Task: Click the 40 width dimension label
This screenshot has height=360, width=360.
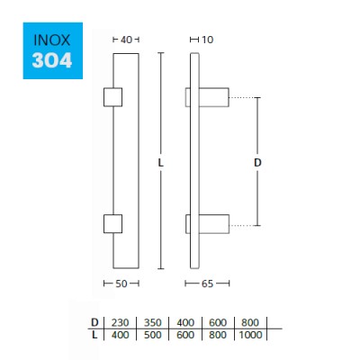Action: click(x=126, y=40)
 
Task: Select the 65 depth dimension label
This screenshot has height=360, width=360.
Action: click(x=207, y=283)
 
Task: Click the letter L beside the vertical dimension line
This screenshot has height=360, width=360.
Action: click(x=159, y=163)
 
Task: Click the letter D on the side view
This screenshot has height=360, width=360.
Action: click(x=256, y=163)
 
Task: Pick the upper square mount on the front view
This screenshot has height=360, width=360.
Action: click(x=113, y=96)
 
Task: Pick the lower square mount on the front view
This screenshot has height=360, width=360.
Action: click(x=113, y=222)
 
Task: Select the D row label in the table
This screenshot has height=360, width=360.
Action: click(x=94, y=322)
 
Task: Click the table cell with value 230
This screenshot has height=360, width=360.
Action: click(x=119, y=322)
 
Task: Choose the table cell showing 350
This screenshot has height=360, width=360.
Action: click(x=152, y=322)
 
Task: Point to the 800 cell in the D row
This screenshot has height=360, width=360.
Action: click(x=251, y=322)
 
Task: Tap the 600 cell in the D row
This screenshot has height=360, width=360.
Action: click(x=219, y=322)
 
